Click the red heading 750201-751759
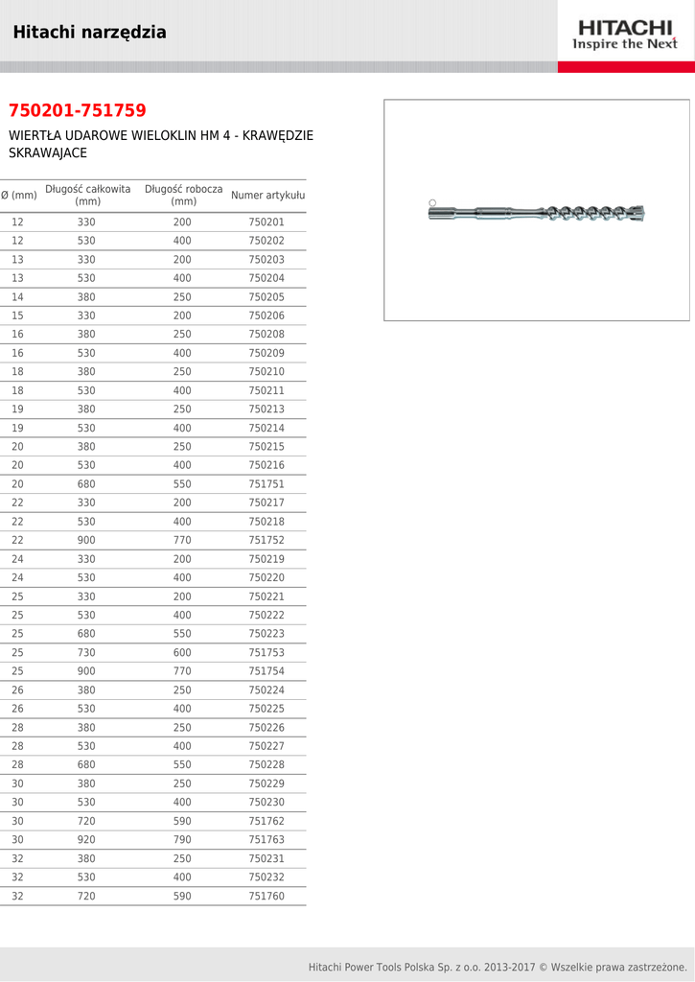coord(78,111)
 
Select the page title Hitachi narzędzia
coord(90,33)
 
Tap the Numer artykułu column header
coord(267,196)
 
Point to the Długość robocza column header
coord(183,196)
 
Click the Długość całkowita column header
coord(87,196)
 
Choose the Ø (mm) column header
coord(18,196)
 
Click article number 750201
coord(266,222)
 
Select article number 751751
coord(266,484)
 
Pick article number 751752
coord(266,541)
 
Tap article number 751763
coord(266,840)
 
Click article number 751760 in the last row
coord(266,897)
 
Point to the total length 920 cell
coord(86,840)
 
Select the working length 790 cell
coord(182,840)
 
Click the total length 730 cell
coord(86,653)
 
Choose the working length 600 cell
coord(182,653)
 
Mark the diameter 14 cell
coord(17,297)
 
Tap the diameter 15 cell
coord(17,316)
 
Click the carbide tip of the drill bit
coord(637,213)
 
